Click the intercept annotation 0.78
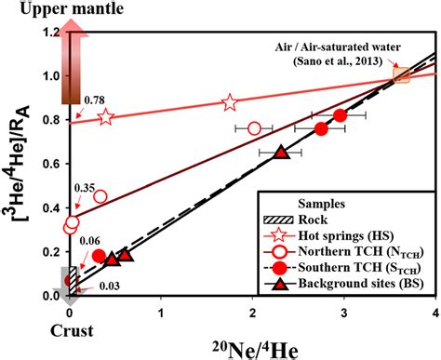tap(91, 99)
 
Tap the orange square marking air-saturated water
tap(401, 75)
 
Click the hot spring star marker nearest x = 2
tap(229, 103)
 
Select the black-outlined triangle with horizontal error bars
tap(281, 152)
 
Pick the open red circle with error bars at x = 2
tap(254, 128)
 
